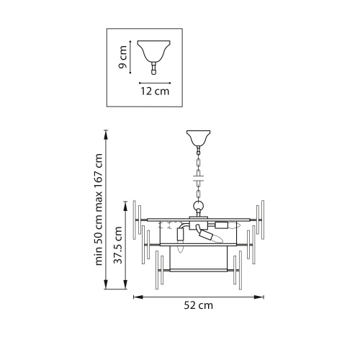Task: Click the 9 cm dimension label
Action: coord(123,57)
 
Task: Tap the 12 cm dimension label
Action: coord(155,91)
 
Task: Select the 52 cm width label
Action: coord(199,305)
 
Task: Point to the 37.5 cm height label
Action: coord(118,245)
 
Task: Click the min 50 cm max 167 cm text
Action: coord(99,210)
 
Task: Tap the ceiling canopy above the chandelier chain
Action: coord(199,138)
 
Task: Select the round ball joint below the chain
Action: coord(199,206)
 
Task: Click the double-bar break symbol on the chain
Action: coord(199,178)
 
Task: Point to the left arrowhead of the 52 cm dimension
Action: coord(138,297)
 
